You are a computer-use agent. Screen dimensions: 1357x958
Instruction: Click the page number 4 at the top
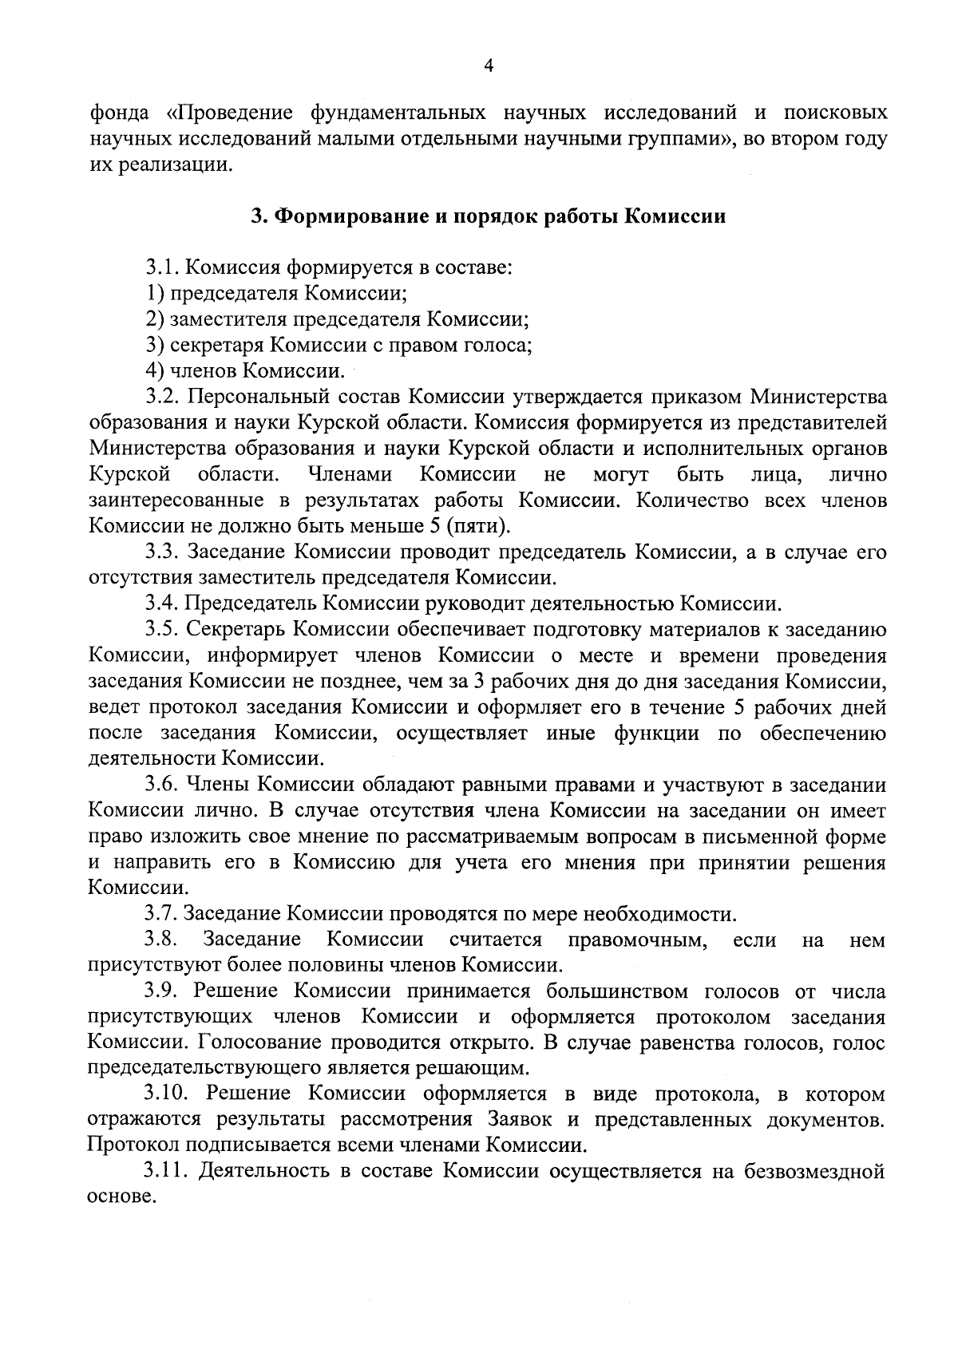(489, 67)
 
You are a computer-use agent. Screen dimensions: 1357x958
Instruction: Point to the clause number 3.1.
(164, 267)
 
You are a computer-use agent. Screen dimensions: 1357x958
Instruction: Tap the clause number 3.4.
(164, 603)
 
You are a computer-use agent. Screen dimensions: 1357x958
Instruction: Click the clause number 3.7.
(163, 914)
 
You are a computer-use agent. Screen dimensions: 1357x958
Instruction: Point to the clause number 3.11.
(168, 1173)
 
